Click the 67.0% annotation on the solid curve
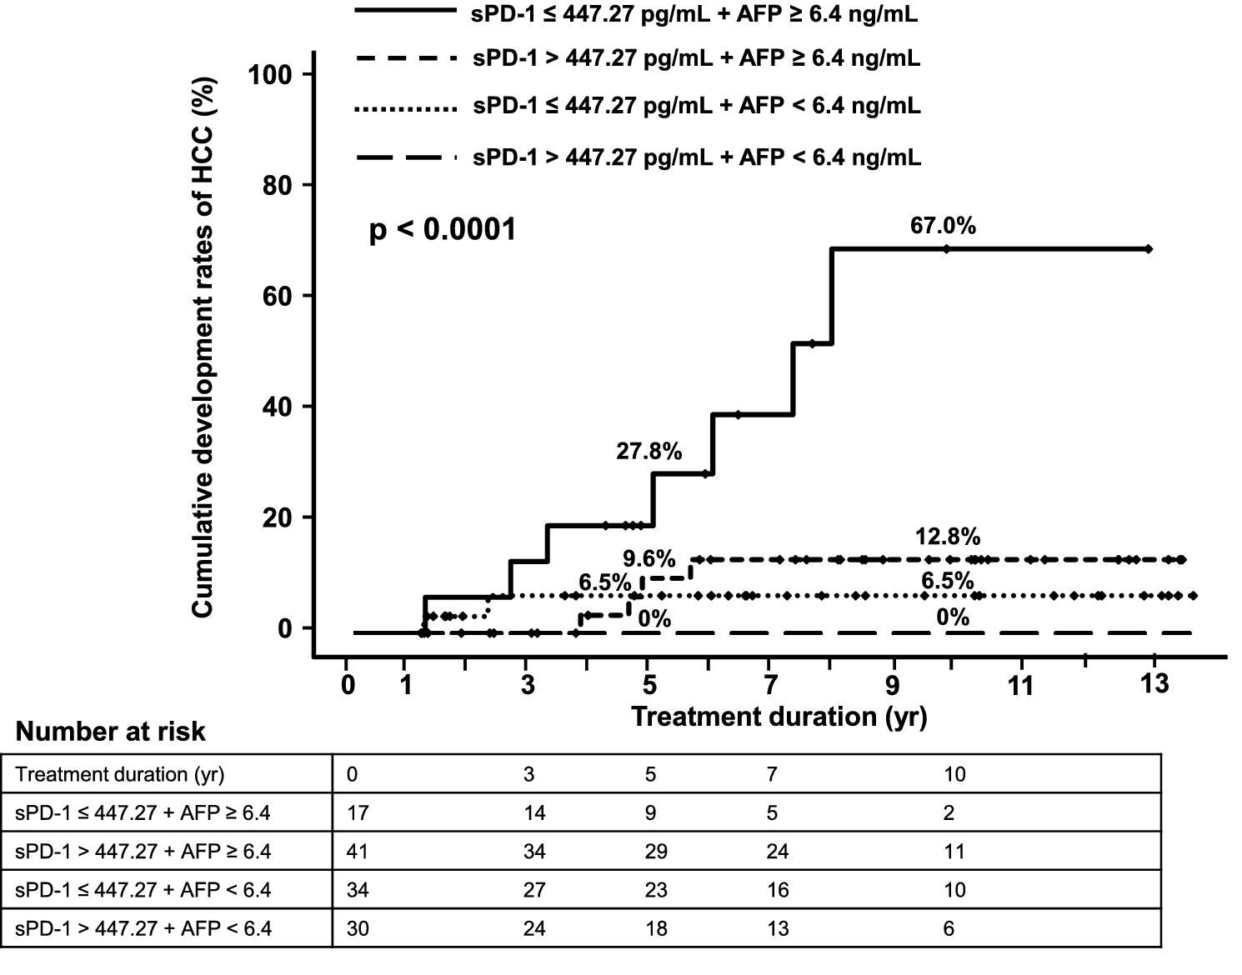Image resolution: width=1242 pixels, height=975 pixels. tap(943, 226)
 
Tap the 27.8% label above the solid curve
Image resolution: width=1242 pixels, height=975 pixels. tap(649, 452)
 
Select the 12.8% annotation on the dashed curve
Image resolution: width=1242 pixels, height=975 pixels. tap(947, 536)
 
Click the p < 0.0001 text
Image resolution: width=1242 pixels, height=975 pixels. tap(443, 230)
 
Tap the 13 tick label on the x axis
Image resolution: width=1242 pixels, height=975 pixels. tap(1154, 684)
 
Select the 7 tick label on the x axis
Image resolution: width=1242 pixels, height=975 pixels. tap(772, 686)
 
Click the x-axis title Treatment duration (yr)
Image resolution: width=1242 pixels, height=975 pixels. tap(779, 717)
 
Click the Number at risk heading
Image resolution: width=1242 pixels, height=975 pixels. tap(110, 732)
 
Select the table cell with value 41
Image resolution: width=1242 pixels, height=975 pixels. tap(358, 852)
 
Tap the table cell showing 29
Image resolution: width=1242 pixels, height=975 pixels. tap(656, 852)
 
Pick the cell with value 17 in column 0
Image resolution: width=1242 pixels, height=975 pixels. tap(358, 812)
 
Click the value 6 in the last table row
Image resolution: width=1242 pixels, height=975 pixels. tap(949, 928)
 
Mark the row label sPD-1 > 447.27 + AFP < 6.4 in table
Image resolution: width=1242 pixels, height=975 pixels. tap(143, 928)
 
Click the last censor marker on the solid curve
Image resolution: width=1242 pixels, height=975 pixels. tap(1148, 249)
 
